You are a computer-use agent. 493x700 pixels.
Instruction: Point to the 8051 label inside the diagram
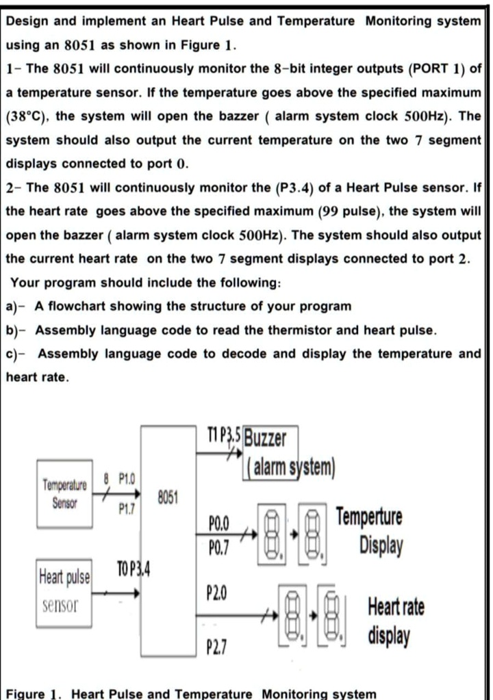pyautogui.click(x=168, y=497)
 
